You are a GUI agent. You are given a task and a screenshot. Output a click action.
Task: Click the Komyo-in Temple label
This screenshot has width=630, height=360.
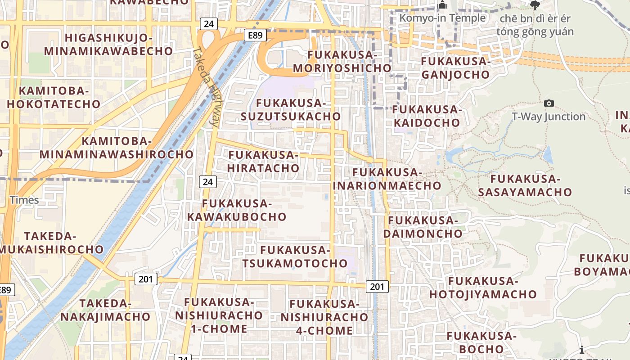[x=443, y=18]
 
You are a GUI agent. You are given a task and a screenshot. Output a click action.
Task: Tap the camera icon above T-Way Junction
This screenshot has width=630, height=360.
[x=549, y=103]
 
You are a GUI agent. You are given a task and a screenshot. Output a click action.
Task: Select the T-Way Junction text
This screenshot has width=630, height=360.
[x=549, y=117]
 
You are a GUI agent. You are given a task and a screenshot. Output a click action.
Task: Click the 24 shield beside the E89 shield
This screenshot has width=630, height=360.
[x=208, y=23]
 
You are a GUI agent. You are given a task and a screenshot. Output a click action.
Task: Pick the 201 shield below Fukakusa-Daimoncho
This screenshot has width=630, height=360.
[x=377, y=286]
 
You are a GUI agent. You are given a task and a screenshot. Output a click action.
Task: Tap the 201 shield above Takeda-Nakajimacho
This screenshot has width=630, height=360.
[x=146, y=279]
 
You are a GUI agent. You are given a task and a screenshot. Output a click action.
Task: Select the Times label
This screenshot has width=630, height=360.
[x=24, y=200]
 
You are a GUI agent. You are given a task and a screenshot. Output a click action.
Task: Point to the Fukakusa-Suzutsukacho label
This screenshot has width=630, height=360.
[x=291, y=109]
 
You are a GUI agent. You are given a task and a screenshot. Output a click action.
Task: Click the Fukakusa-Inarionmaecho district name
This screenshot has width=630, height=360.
[x=387, y=179]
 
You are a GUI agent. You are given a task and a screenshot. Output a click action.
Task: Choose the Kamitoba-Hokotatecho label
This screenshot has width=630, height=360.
[x=54, y=97]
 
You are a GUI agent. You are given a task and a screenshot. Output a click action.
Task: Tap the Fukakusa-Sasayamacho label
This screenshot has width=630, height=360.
[x=525, y=185]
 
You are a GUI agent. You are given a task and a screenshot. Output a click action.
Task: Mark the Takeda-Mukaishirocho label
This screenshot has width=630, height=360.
[x=51, y=243]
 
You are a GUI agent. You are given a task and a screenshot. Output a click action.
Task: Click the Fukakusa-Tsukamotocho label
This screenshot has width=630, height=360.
[x=295, y=256]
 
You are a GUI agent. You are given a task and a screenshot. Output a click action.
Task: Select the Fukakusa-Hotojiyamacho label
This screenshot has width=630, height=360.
[x=483, y=288]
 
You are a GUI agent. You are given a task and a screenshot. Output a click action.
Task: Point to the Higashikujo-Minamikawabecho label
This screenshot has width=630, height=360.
[x=108, y=44]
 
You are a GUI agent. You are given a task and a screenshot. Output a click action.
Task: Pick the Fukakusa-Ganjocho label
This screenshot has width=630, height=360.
[x=455, y=67]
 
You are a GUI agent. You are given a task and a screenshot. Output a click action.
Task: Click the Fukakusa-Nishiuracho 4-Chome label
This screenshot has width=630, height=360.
[x=324, y=317]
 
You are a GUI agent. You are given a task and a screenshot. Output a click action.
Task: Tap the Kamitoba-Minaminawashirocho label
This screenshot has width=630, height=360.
[x=117, y=148]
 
